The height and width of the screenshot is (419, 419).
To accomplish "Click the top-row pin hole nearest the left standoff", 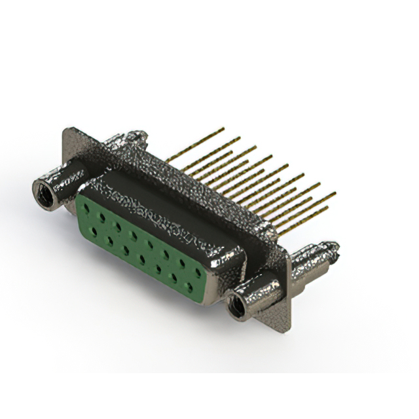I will (x=87, y=206).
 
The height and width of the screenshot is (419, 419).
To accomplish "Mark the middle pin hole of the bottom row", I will (x=141, y=259).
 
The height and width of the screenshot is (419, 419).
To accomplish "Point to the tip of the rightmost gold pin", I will (x=335, y=194).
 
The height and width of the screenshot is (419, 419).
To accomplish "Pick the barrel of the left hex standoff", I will (x=65, y=181).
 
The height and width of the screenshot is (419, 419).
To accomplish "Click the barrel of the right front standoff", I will (x=259, y=292).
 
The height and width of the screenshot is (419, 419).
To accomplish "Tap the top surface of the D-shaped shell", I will (x=164, y=196).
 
